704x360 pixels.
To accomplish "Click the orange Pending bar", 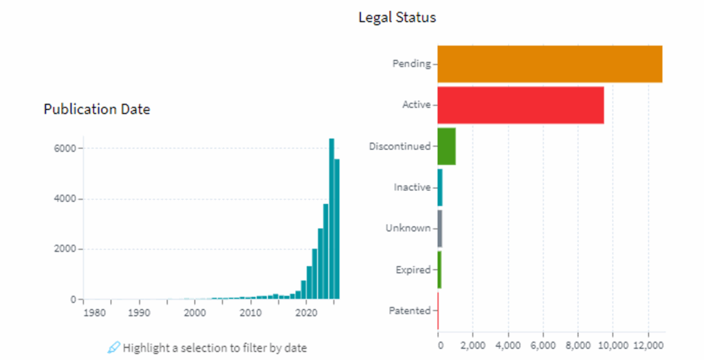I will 549,64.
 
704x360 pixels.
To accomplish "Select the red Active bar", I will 520,105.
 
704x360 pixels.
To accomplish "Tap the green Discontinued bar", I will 446,146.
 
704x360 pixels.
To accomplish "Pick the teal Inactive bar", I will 440,187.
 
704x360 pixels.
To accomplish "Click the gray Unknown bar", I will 440,228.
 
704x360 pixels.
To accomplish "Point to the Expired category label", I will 412,270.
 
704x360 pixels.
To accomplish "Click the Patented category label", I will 410,311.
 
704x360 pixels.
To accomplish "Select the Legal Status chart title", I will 397,18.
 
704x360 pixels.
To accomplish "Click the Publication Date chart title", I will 96,109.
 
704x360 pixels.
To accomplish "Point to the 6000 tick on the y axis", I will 65,148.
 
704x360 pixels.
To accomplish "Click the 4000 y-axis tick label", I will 65,199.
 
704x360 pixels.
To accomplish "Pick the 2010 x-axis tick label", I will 250,313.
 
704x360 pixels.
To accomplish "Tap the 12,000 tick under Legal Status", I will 648,344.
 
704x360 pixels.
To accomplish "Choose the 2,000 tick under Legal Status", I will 473,344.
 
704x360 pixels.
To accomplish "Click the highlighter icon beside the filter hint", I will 114,348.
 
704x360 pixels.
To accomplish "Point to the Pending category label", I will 411,64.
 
